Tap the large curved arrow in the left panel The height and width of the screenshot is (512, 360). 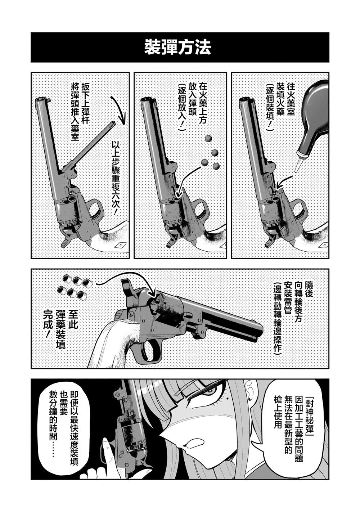click(x=119, y=110)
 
